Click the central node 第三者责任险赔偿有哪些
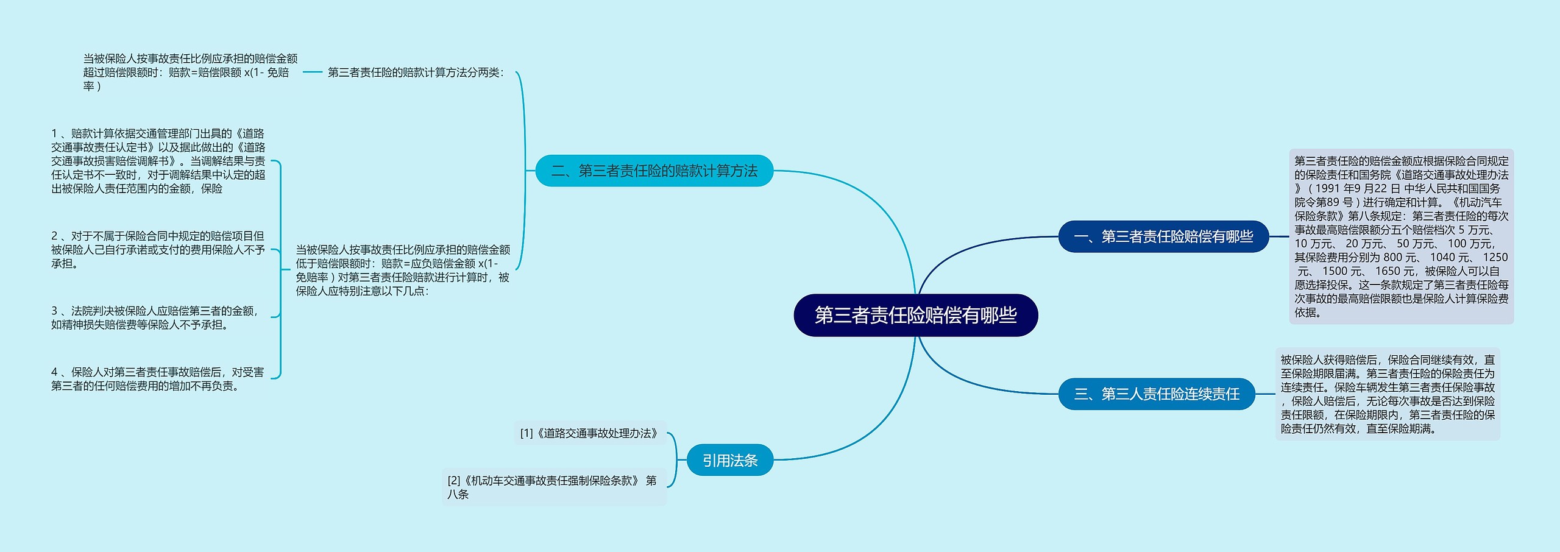coord(915,315)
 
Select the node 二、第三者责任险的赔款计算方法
coord(654,171)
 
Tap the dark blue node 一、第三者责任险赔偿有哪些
coord(1163,236)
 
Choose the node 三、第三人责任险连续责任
coord(1157,394)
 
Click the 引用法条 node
coord(730,460)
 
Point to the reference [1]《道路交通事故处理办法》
coord(589,433)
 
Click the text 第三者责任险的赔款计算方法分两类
coord(416,73)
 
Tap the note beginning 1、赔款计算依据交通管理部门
coord(158,161)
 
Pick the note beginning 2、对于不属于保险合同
coord(158,249)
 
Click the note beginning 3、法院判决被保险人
coord(155,317)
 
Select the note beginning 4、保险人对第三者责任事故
coord(157,378)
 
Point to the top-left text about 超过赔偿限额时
coord(190,73)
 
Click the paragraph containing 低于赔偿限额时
coord(403,270)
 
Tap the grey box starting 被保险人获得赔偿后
coord(1388,394)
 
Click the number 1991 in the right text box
coord(1328,189)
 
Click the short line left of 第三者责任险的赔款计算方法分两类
coord(312,72)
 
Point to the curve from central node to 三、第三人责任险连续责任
coord(975,384)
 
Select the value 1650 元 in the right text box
coord(1396,271)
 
